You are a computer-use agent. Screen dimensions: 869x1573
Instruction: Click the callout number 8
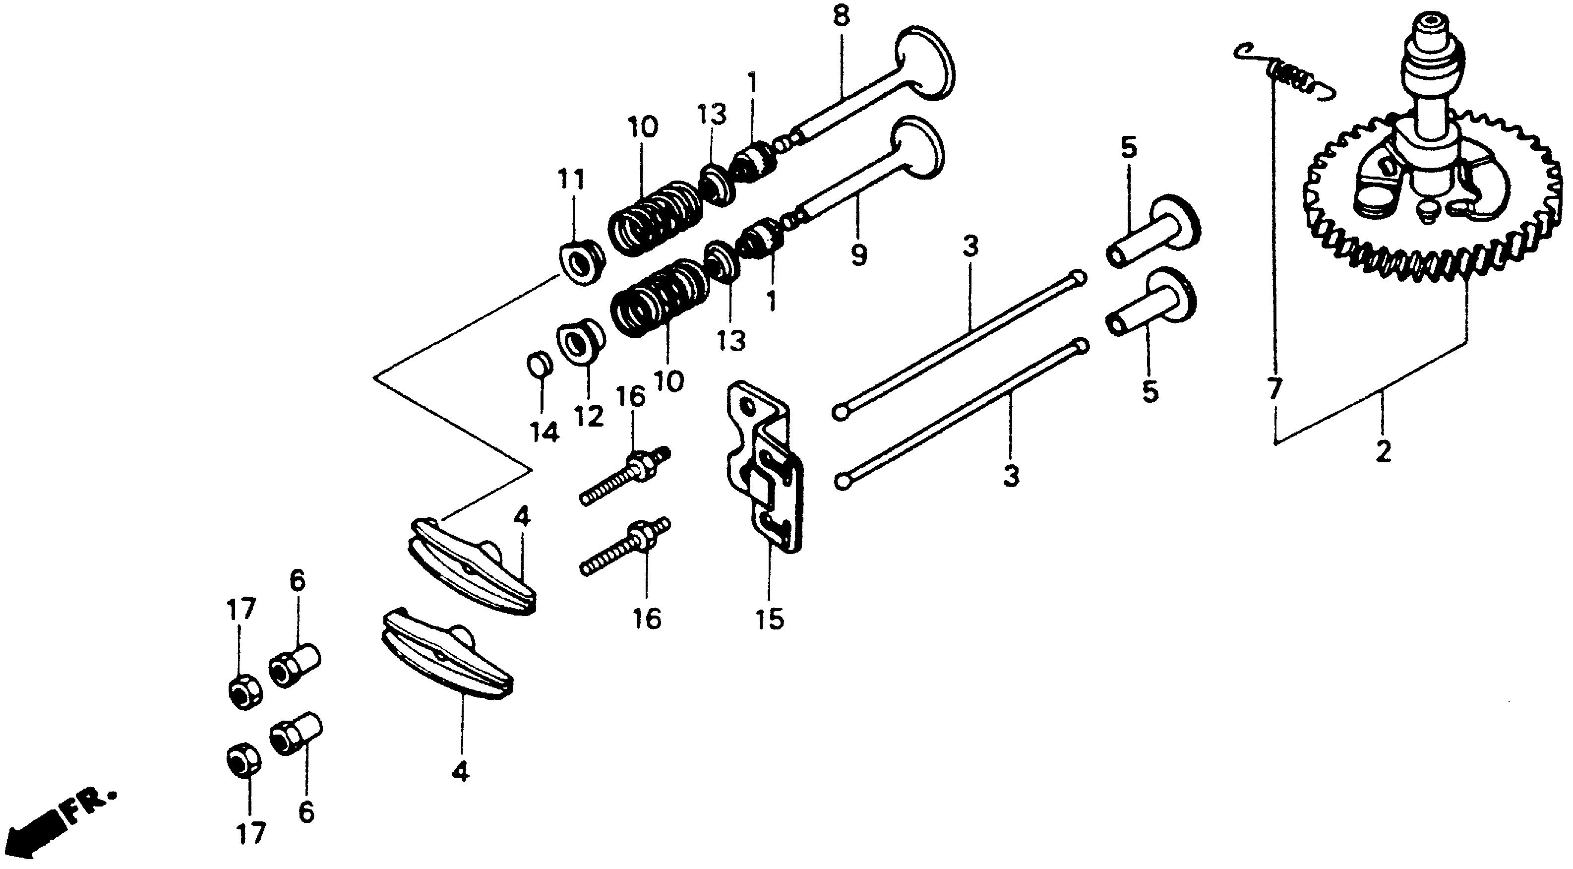[841, 16]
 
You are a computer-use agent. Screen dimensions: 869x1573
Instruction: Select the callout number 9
[858, 256]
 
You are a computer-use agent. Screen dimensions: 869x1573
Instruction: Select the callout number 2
[1383, 452]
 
